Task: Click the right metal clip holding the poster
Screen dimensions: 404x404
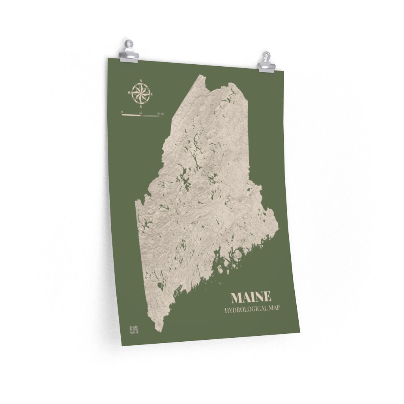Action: point(266,62)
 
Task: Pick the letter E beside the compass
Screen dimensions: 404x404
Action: point(153,94)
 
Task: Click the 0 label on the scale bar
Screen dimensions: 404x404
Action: point(122,112)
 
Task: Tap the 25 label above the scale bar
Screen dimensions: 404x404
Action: point(140,113)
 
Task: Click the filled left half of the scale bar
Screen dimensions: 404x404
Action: point(131,115)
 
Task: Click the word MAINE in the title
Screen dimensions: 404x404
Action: point(251,297)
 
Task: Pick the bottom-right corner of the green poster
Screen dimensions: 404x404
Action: point(300,331)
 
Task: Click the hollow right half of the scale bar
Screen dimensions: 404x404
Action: point(150,116)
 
